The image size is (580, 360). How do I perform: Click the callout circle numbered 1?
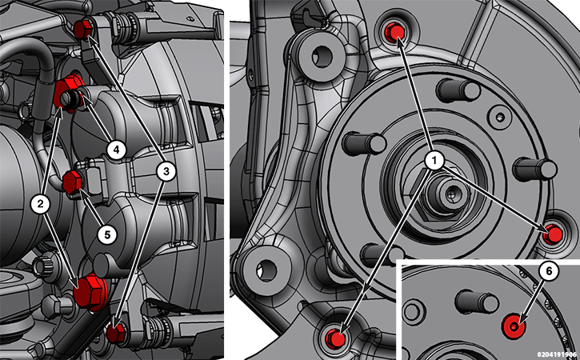(434, 161)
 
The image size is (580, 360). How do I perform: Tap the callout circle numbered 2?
(41, 203)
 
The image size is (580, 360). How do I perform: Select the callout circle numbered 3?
(166, 171)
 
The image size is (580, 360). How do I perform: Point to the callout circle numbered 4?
(117, 150)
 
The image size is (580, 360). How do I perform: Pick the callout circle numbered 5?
(107, 234)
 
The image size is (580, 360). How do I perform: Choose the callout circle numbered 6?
(549, 271)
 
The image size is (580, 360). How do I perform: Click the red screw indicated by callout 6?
(514, 326)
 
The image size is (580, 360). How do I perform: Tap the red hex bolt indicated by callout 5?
(72, 182)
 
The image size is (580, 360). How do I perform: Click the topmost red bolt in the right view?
(395, 31)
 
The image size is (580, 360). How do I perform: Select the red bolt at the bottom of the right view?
(337, 338)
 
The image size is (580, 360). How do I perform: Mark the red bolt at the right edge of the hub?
(554, 234)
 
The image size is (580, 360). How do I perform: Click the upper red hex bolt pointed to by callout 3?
(83, 30)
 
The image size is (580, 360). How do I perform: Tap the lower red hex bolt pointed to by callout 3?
(116, 333)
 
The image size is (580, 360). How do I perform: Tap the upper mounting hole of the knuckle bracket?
(321, 56)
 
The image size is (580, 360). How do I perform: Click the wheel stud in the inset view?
(477, 302)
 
